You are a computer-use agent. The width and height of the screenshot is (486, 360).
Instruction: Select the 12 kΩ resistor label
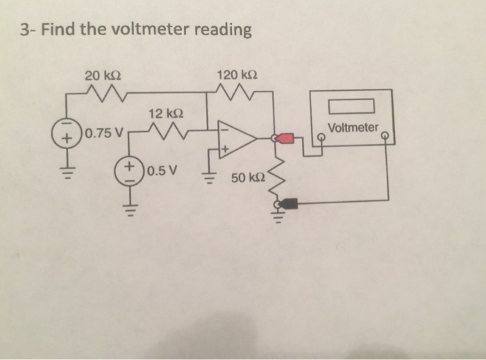(165, 113)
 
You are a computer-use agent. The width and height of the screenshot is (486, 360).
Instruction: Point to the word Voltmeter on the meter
(353, 128)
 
